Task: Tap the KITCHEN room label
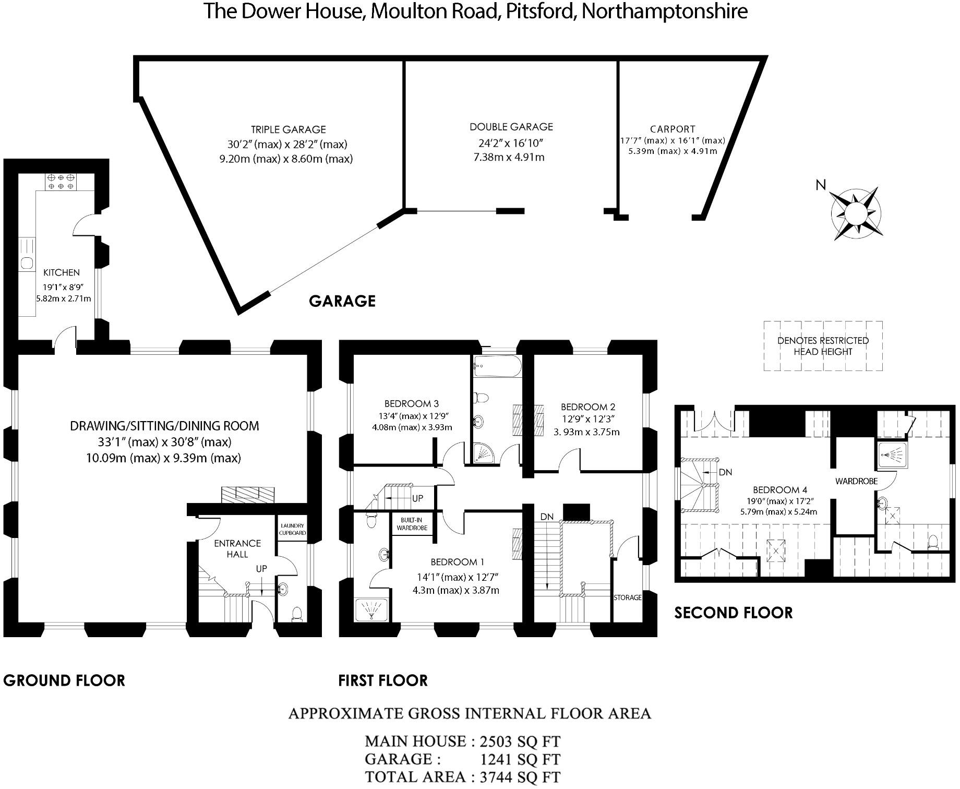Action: (62, 272)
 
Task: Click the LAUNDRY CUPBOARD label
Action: (292, 529)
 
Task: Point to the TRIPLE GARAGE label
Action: (289, 129)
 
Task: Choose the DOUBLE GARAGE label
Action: (511, 127)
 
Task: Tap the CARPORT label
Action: (673, 129)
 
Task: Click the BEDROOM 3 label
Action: (412, 403)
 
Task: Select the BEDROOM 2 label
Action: (588, 407)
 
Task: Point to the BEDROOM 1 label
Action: (458, 562)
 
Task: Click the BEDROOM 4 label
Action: (780, 490)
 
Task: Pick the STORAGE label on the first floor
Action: (628, 597)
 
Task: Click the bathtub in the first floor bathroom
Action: (497, 367)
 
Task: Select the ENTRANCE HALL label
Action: (237, 549)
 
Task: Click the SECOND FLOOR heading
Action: (734, 613)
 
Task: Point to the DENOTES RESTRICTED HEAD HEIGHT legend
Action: (823, 346)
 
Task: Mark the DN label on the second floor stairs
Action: (725, 472)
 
